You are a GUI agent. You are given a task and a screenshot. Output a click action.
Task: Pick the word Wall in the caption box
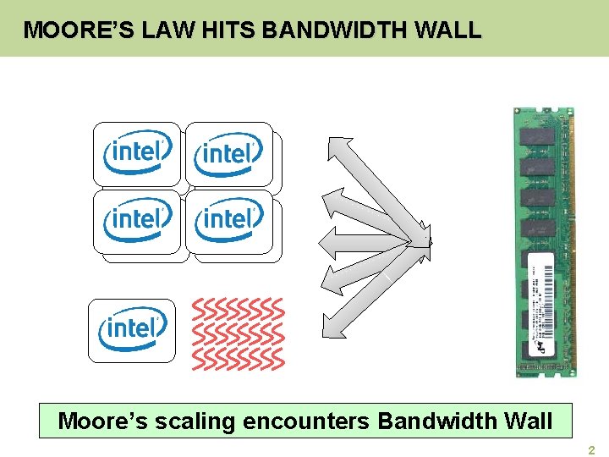click(x=527, y=421)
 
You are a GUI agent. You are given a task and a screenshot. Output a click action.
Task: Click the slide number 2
click(x=592, y=450)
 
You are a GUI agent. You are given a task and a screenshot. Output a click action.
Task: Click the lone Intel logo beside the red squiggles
click(x=132, y=328)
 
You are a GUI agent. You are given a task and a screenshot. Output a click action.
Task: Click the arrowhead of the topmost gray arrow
click(x=338, y=146)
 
